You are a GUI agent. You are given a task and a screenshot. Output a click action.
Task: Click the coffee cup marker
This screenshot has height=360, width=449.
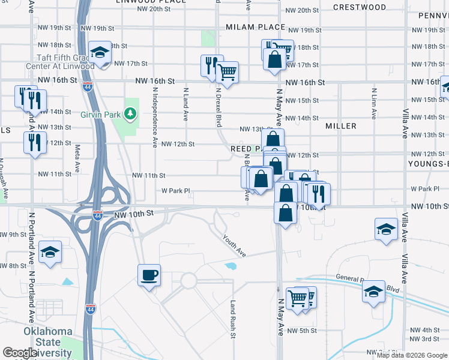pyautogui.click(x=149, y=275)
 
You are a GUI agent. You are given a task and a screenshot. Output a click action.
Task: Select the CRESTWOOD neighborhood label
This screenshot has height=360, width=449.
pyautogui.click(x=359, y=7)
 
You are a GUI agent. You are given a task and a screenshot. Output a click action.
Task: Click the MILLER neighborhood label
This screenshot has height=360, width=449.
pyautogui.click(x=341, y=126)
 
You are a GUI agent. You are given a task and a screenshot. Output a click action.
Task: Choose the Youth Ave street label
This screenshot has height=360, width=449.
pyautogui.click(x=234, y=245)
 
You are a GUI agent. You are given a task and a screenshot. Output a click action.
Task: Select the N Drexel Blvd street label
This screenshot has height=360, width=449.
pyautogui.click(x=219, y=106)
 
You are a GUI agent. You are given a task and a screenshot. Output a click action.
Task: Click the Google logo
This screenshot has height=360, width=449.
pyautogui.click(x=20, y=353)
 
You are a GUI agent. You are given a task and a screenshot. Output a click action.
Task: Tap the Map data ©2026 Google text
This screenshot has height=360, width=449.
pyautogui.click(x=412, y=355)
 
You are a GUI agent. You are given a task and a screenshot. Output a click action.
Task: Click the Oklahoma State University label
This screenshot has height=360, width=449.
pyautogui.click(x=48, y=342)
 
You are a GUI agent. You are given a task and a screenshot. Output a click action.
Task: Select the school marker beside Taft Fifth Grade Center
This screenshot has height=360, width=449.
pyautogui.click(x=100, y=52)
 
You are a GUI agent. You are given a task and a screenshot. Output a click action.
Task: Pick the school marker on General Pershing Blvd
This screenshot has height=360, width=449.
pyautogui.click(x=373, y=292)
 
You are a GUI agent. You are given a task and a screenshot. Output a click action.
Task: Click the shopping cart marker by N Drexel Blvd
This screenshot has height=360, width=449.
pyautogui.click(x=227, y=73)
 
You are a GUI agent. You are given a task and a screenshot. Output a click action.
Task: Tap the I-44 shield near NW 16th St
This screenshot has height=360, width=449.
pyautogui.click(x=87, y=86)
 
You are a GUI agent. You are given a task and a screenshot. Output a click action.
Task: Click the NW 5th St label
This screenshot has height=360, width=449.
pyautogui.click(x=301, y=331)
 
